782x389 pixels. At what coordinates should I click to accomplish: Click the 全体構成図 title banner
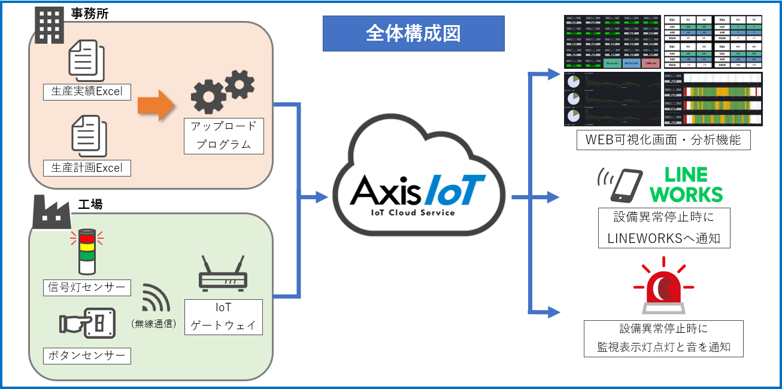(413, 34)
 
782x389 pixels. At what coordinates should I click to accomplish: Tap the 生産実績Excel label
(87, 91)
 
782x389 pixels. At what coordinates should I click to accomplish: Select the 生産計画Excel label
(87, 168)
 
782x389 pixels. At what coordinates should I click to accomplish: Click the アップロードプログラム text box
(224, 136)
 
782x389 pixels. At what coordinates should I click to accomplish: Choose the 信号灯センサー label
(87, 287)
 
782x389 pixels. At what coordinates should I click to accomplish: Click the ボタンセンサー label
(87, 356)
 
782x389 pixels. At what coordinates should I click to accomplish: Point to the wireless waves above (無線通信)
(155, 297)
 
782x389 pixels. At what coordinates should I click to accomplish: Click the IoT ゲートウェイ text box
(223, 317)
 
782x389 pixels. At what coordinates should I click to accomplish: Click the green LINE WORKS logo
(686, 184)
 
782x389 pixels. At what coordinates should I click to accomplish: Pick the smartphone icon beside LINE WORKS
(623, 185)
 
